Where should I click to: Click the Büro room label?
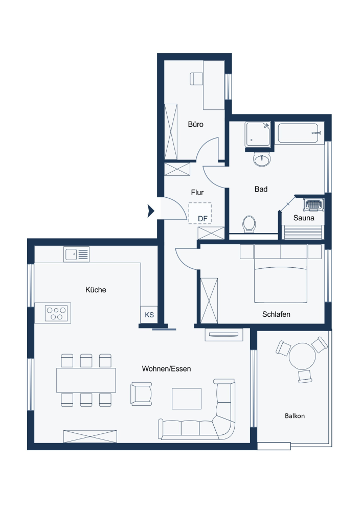click(195, 124)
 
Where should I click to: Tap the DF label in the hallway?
click(202, 219)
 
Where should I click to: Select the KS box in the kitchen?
click(149, 315)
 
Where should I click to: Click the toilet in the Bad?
click(249, 224)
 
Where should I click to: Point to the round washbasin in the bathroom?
click(262, 160)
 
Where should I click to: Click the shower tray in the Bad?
click(258, 134)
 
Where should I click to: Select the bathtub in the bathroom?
click(300, 133)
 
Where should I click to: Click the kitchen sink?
click(76, 254)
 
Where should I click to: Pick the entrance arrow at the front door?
click(151, 211)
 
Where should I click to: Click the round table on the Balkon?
click(302, 356)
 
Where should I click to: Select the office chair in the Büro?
click(196, 79)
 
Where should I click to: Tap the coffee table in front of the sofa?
click(186, 398)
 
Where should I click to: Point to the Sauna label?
click(304, 218)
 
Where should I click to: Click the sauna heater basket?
click(312, 205)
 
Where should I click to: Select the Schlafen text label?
click(276, 314)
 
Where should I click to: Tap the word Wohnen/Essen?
click(167, 368)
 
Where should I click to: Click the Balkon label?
click(295, 416)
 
